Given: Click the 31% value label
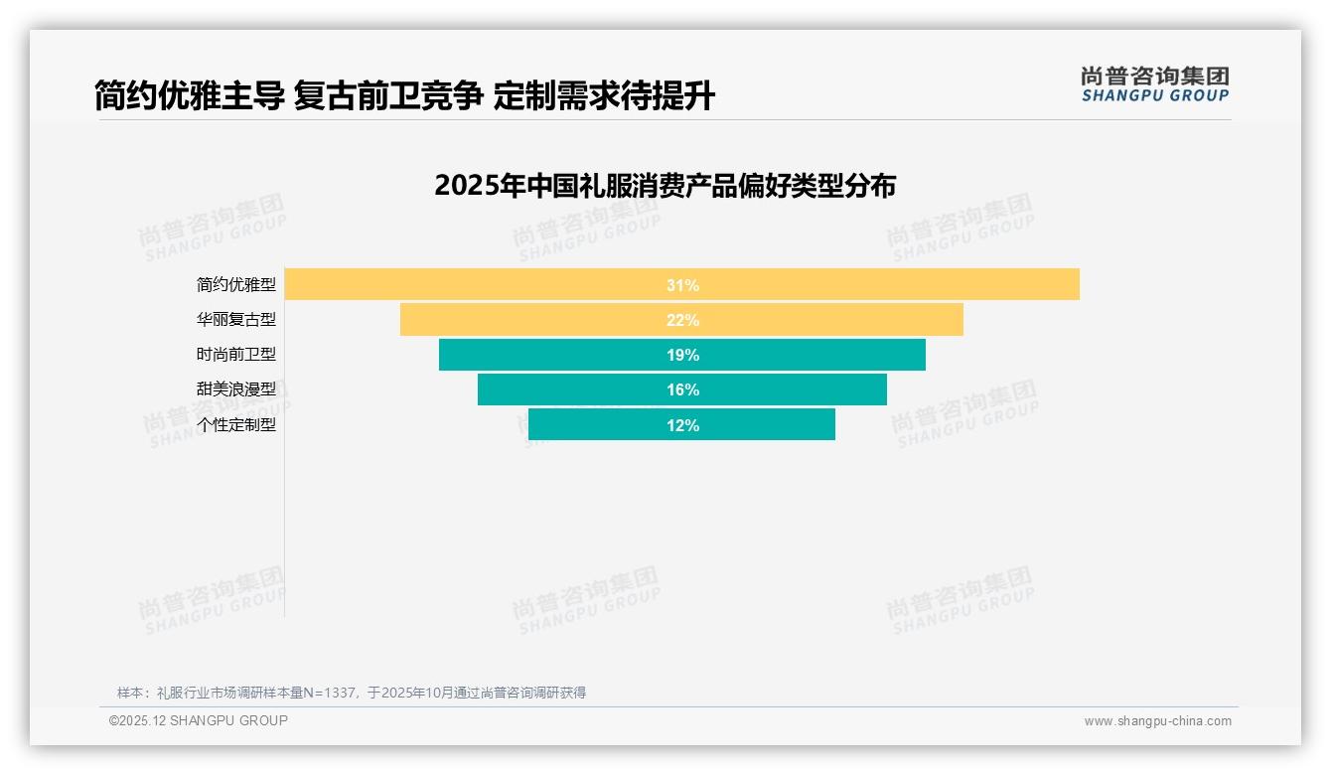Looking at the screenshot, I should tap(682, 285).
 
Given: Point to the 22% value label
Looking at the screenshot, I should tap(682, 320).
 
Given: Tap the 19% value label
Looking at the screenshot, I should tap(682, 355).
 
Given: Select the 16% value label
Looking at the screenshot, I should tap(682, 389).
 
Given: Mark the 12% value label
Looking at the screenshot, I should tap(682, 425).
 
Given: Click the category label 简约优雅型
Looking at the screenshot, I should tap(236, 285).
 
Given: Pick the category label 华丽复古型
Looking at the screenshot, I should tap(236, 320).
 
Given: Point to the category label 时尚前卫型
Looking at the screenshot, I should tap(236, 355).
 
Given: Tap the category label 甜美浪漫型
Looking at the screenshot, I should tap(236, 389).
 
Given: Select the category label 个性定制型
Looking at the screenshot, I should tap(236, 425).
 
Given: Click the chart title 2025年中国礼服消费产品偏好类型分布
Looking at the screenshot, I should tap(665, 186).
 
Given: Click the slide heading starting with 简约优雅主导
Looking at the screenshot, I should tap(404, 96).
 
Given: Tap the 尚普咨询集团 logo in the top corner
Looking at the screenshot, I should tap(1154, 84).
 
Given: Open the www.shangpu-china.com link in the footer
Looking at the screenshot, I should tap(1157, 721).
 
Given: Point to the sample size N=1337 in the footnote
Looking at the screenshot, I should tap(329, 693).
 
